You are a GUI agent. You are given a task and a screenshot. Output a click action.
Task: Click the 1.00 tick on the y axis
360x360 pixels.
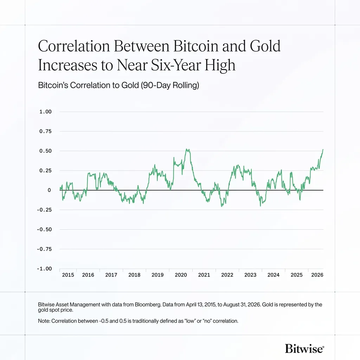(x=45, y=112)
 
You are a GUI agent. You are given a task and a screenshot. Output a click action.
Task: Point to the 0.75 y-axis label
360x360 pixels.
(x=45, y=131)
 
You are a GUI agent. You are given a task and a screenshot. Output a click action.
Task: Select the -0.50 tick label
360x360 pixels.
(x=44, y=229)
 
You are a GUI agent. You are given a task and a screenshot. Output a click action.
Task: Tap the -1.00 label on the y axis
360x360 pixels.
(x=44, y=269)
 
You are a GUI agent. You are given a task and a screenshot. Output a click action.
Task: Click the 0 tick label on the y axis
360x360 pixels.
(x=49, y=190)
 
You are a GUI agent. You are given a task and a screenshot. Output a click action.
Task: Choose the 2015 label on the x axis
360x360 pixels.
(x=68, y=275)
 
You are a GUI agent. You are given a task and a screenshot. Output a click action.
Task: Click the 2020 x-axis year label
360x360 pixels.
(x=181, y=275)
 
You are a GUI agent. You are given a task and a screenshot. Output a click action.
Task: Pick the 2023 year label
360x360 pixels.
(x=250, y=275)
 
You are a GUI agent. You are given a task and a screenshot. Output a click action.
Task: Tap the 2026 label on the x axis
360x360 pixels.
(x=317, y=275)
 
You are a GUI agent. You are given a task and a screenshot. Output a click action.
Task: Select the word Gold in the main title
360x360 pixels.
(x=265, y=46)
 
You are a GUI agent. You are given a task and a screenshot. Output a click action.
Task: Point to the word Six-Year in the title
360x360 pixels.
(x=176, y=65)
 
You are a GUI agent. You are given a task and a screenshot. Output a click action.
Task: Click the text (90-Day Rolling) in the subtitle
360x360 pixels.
(x=170, y=85)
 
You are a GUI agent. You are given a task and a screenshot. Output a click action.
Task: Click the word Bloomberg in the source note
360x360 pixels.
(x=148, y=305)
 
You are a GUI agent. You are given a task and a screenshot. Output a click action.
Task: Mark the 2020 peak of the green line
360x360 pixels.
(x=188, y=149)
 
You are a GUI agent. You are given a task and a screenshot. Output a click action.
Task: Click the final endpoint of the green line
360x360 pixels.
(x=323, y=150)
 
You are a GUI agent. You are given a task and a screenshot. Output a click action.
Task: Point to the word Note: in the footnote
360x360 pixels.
(x=44, y=321)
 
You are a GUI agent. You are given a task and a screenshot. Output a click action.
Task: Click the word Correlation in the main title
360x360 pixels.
(x=74, y=46)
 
